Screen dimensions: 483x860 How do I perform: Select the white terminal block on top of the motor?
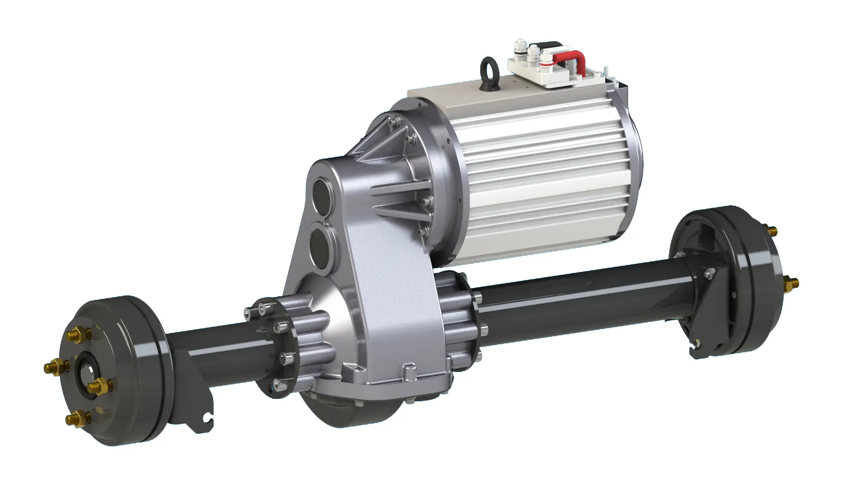pyautogui.click(x=537, y=76)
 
